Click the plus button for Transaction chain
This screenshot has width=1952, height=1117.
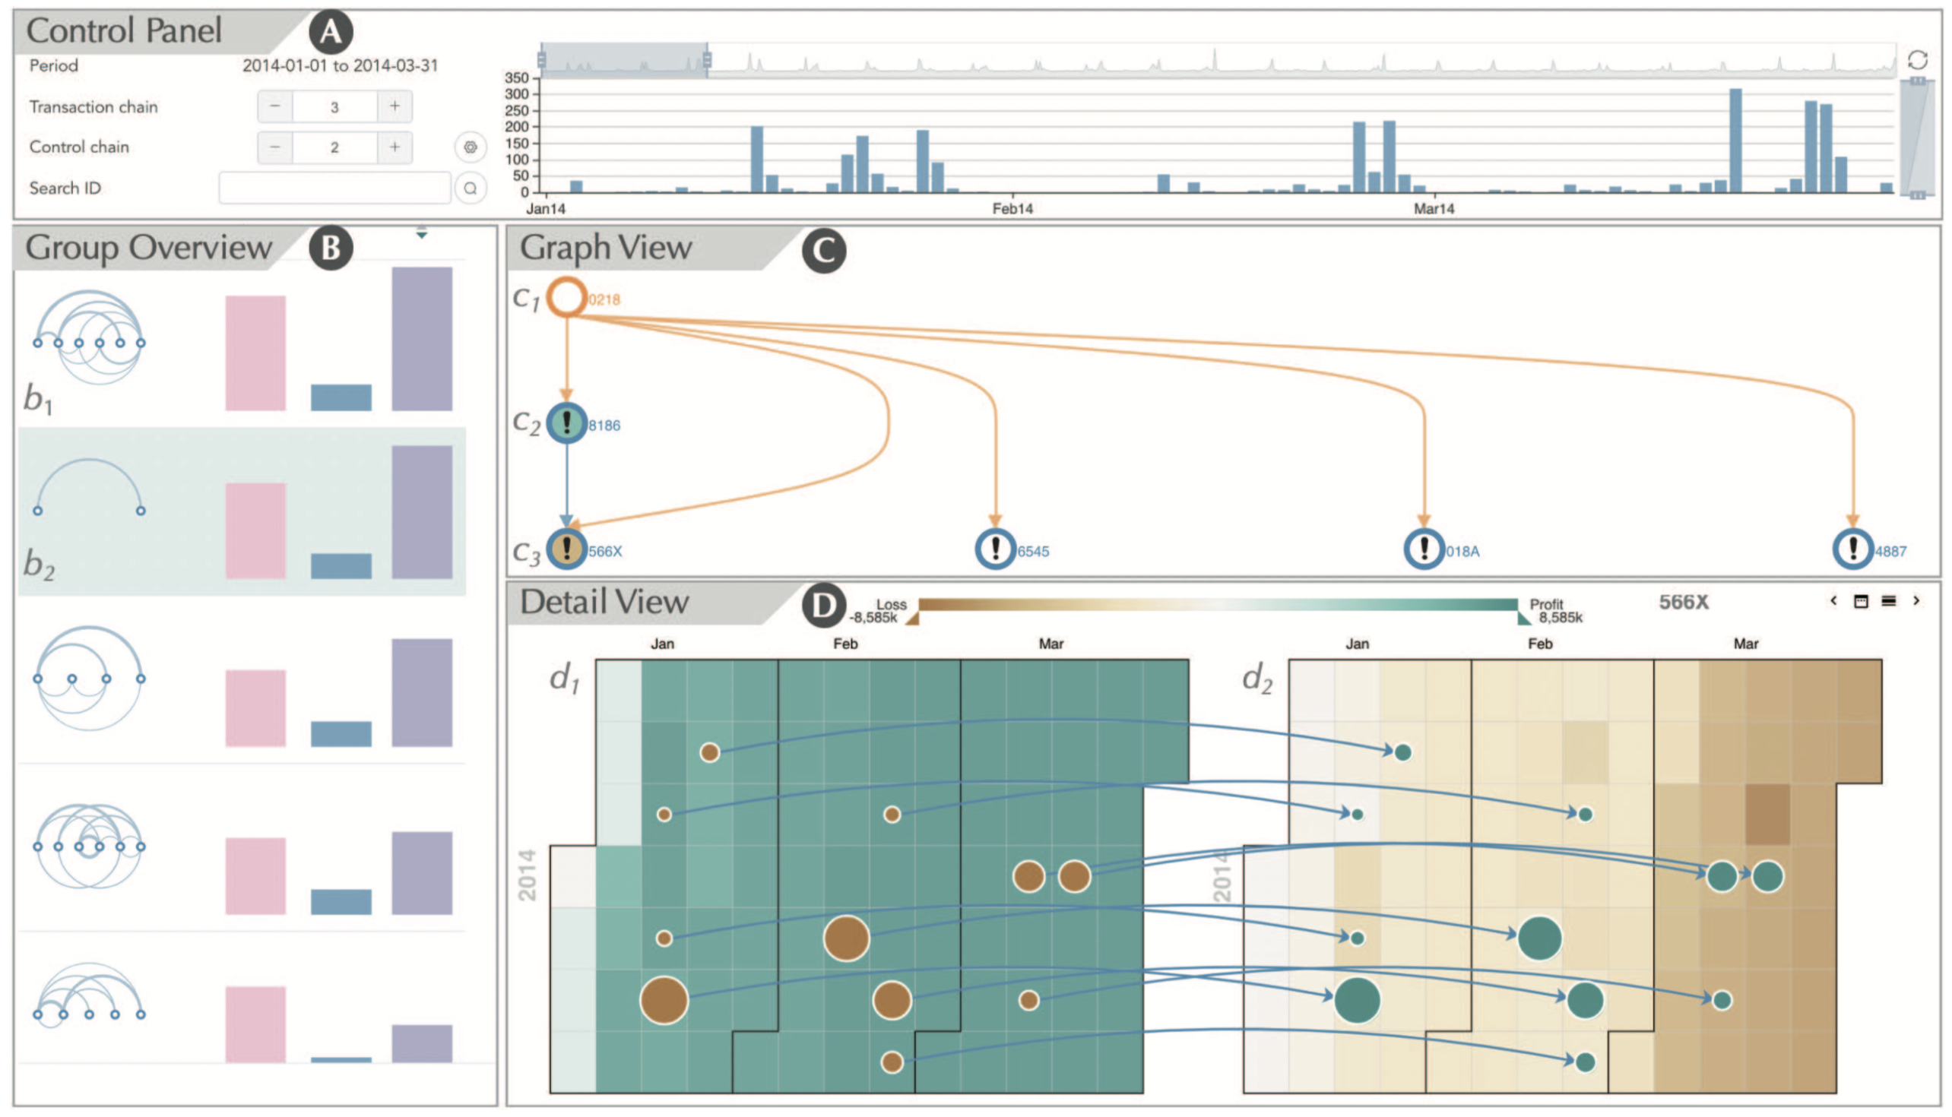(x=395, y=106)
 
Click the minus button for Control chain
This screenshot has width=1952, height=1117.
(x=274, y=147)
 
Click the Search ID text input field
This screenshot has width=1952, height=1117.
(x=334, y=187)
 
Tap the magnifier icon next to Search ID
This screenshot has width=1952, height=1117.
(x=471, y=187)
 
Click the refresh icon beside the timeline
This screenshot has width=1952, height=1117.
(x=1917, y=59)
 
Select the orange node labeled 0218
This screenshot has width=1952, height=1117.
(x=566, y=297)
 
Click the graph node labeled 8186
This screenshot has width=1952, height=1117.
(x=566, y=422)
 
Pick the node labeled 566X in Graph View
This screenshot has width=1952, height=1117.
(x=566, y=549)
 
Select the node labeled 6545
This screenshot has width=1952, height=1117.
(x=995, y=549)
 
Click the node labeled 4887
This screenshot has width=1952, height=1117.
(x=1853, y=549)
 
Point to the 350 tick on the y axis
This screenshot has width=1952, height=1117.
(x=516, y=78)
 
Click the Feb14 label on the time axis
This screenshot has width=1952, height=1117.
(x=1012, y=209)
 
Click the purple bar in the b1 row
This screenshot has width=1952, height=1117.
(x=421, y=338)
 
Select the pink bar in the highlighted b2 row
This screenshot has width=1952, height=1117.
(x=255, y=530)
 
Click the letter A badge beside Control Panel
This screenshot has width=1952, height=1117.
(x=331, y=31)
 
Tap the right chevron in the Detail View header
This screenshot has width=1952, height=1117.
(x=1916, y=601)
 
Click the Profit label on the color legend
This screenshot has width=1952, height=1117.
(x=1546, y=604)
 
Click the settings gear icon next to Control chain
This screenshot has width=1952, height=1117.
(x=471, y=147)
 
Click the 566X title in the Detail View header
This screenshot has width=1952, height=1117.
(x=1684, y=603)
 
